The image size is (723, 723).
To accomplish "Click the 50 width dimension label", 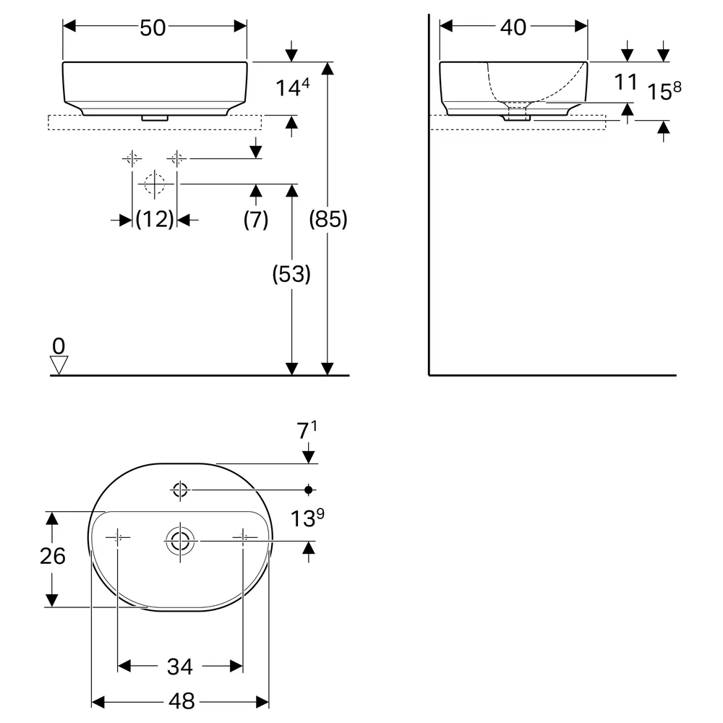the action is tap(153, 27).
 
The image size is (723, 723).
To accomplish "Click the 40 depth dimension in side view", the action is tap(513, 27).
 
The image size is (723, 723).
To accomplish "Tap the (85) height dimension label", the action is tap(328, 219).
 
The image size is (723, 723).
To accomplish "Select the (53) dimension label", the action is tap(291, 274).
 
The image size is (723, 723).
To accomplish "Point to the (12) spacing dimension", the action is tap(155, 219).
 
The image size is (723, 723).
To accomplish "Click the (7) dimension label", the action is tap(256, 220).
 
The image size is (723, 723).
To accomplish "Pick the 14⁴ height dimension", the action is tap(292, 87).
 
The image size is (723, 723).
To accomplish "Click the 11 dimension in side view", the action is tap(625, 82).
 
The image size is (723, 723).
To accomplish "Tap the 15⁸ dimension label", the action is tap(664, 91).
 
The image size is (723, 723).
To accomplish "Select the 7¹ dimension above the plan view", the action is tap(307, 430).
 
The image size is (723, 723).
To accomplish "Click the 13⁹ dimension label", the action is tap(307, 518).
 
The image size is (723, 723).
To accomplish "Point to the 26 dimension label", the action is tap(53, 556).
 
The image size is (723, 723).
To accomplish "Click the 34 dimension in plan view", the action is tap(180, 667).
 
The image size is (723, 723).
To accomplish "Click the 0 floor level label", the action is tap(59, 346).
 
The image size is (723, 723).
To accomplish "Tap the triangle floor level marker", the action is tap(59, 364).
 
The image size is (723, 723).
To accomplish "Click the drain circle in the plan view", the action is tap(180, 526).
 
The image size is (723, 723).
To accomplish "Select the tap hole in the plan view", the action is tap(180, 483).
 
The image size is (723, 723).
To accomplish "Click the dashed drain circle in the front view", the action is tap(154, 174).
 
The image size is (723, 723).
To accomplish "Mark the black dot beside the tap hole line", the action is tap(309, 489).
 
